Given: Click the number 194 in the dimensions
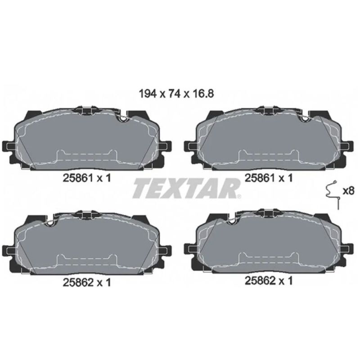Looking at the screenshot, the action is (148, 94).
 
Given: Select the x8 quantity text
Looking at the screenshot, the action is (348, 191).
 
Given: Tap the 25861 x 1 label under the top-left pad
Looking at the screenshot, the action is (87, 178).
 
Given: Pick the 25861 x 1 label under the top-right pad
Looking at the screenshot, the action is (269, 178).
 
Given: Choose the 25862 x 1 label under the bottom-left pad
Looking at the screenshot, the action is (87, 283).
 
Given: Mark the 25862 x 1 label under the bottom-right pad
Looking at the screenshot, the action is (269, 280).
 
